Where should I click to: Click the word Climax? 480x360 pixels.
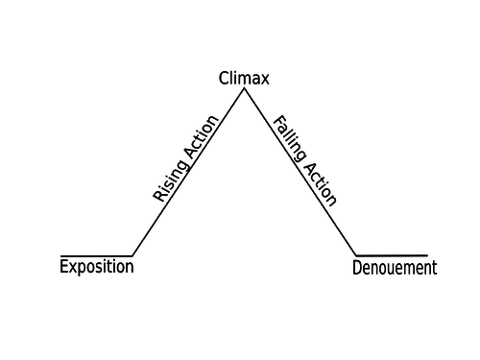(x=244, y=79)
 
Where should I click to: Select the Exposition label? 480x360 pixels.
(x=97, y=267)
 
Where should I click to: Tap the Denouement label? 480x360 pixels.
(x=395, y=268)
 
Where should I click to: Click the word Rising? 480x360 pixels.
(x=170, y=180)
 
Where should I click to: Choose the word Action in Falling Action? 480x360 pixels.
(x=321, y=184)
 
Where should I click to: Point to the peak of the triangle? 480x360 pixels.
(x=245, y=88)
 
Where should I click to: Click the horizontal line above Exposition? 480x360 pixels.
(x=96, y=256)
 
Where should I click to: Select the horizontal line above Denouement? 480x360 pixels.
(x=392, y=255)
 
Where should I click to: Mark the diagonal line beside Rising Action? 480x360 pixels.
(x=188, y=172)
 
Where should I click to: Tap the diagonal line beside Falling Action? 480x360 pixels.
(x=300, y=172)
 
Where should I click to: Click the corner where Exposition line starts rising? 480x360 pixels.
(x=132, y=256)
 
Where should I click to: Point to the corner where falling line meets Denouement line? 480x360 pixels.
(x=356, y=255)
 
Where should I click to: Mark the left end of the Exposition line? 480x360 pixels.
(x=60, y=256)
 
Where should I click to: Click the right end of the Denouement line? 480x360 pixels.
(x=427, y=255)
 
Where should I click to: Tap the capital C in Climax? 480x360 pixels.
(x=224, y=79)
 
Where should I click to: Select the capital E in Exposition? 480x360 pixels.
(x=64, y=266)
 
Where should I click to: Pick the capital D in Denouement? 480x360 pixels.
(x=357, y=268)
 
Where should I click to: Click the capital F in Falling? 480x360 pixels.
(x=278, y=122)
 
